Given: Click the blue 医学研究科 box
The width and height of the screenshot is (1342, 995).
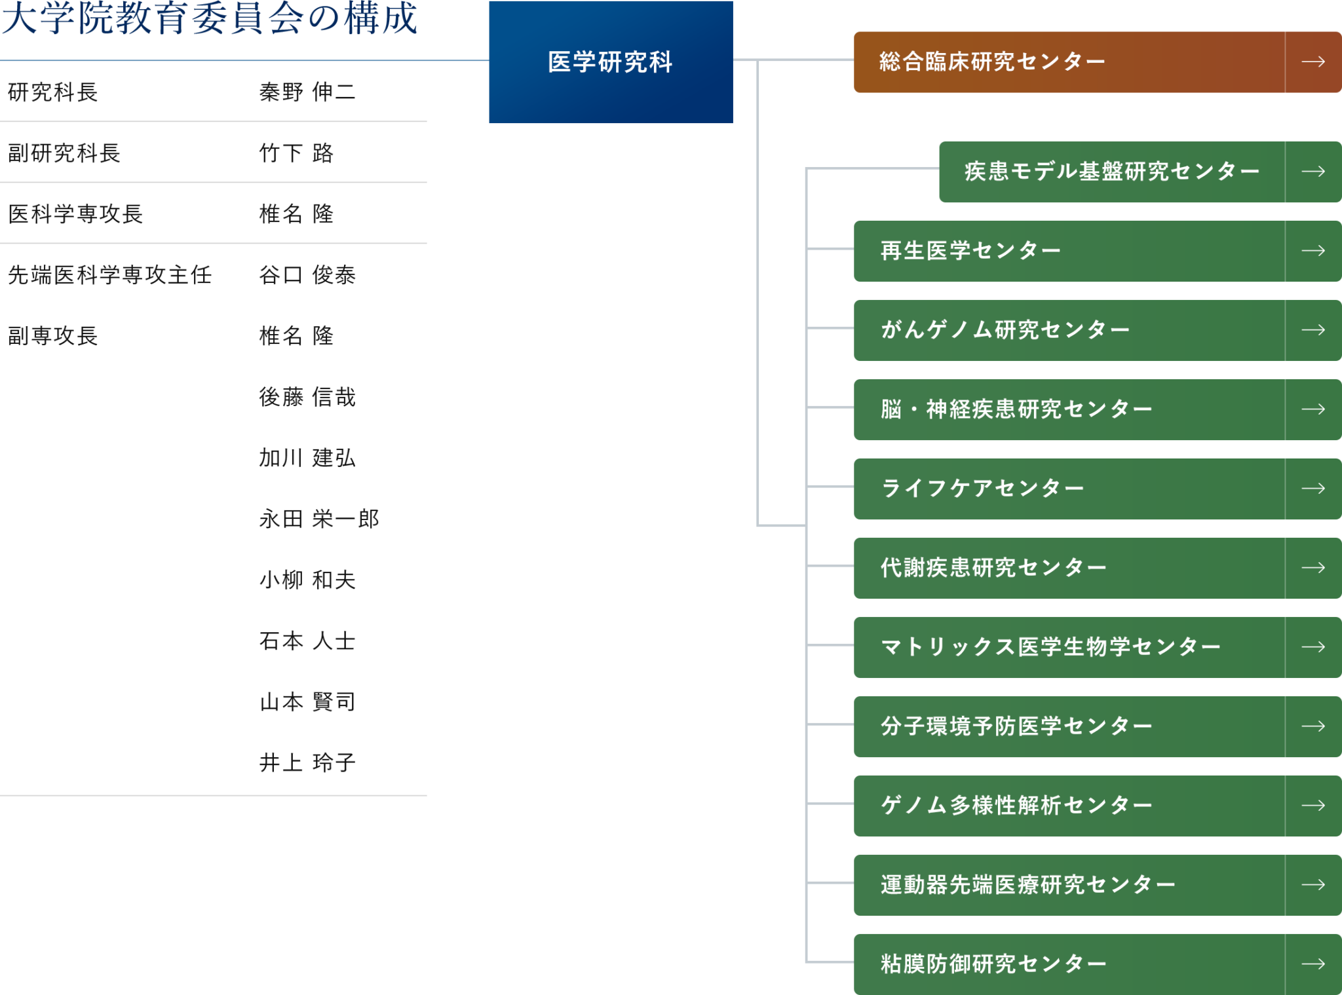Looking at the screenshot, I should (610, 62).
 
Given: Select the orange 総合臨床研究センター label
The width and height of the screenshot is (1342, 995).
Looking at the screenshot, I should (992, 62).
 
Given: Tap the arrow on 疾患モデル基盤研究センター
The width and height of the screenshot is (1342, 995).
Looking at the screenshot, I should (1313, 172).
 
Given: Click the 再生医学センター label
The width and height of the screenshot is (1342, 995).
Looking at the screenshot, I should (970, 251).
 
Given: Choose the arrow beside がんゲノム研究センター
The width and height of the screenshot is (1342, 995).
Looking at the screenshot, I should (1313, 330).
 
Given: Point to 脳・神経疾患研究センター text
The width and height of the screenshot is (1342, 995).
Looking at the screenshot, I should (1016, 409).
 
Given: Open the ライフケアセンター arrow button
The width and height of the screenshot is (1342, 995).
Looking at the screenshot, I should (1313, 489).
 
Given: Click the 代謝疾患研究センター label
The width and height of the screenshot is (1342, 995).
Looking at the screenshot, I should (993, 568).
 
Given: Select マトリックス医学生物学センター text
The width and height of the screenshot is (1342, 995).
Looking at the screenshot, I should (1050, 647).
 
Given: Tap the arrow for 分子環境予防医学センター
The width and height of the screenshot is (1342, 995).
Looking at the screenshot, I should (1313, 726).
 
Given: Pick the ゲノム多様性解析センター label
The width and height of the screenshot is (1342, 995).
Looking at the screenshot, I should (1016, 806).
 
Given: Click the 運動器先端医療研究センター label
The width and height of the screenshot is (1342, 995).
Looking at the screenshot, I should (1027, 885).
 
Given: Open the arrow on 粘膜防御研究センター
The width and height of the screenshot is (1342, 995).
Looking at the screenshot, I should (1313, 964).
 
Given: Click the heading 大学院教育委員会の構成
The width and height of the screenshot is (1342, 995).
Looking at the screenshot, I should (209, 18).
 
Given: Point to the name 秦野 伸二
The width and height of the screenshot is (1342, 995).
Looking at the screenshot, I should (307, 92).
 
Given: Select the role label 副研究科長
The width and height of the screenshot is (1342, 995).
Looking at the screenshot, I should (64, 153).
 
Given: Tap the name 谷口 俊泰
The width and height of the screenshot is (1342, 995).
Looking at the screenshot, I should (307, 275).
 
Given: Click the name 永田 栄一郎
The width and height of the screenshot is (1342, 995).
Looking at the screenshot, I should (318, 519).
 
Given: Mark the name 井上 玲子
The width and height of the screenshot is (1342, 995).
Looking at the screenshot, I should (307, 763).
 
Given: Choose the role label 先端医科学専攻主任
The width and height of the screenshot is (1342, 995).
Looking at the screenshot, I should (109, 275).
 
